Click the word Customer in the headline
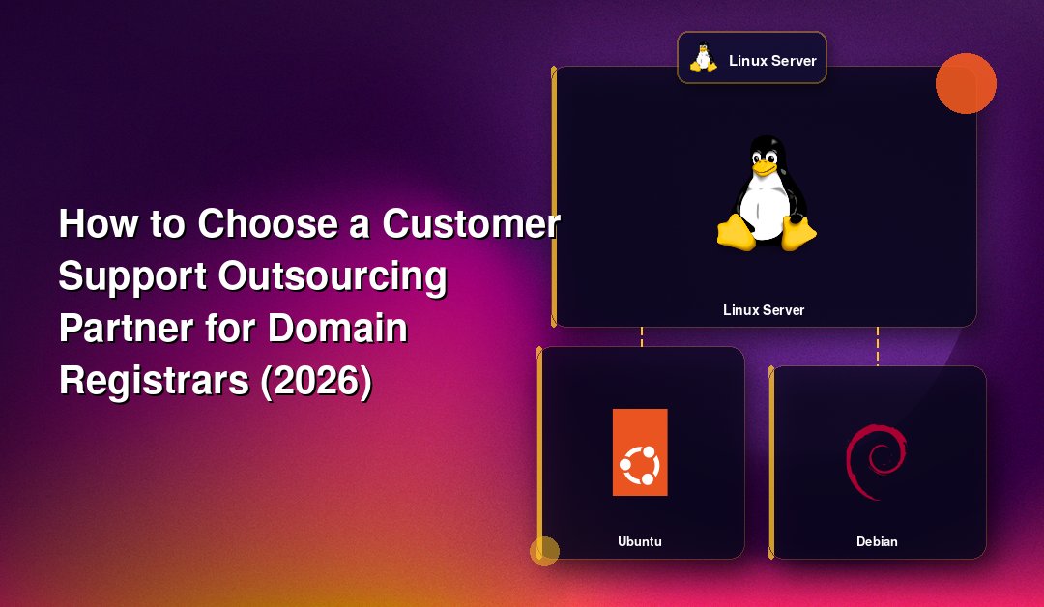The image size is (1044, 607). [471, 223]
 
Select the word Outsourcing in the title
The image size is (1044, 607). [333, 277]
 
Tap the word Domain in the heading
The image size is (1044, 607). [337, 328]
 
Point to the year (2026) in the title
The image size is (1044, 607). [315, 381]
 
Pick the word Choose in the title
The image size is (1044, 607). [269, 223]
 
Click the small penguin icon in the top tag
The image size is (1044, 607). [703, 57]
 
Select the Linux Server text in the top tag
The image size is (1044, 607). [772, 61]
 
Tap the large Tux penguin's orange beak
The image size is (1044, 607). [765, 168]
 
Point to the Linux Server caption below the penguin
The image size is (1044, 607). [764, 310]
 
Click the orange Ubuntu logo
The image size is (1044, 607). [640, 452]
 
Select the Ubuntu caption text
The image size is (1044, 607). [640, 542]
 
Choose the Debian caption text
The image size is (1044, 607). [877, 542]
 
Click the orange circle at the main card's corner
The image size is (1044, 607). [966, 84]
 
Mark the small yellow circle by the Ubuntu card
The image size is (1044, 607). [544, 551]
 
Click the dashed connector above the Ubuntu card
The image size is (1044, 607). [642, 336]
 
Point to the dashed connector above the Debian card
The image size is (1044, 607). [878, 346]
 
